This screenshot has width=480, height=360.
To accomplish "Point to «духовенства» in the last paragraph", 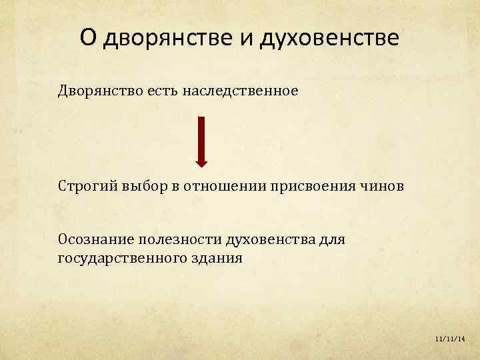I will pos(271,239).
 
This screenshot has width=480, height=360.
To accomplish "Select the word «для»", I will pos(332,239).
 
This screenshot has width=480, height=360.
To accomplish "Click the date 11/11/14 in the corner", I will pos(449,339).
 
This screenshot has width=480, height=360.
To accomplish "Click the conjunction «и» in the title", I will pos(245,38).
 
